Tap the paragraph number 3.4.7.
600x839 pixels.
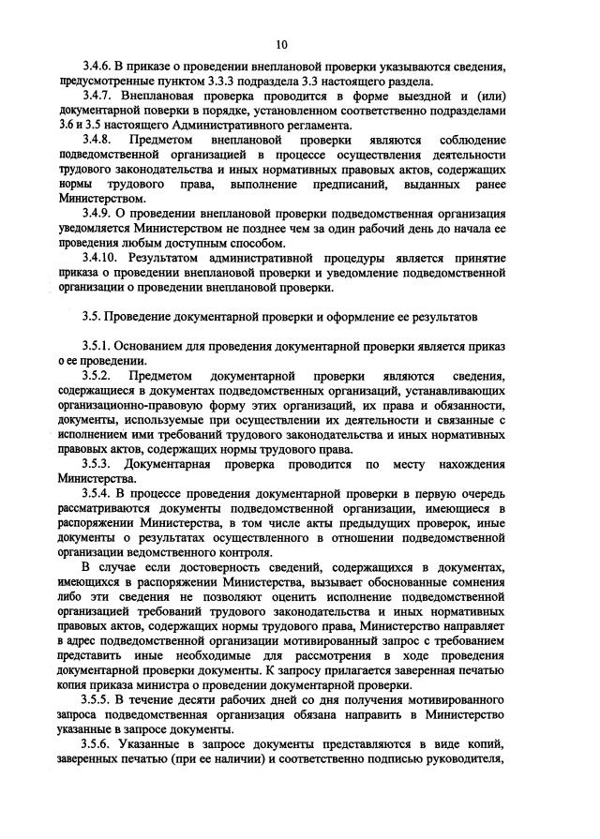97,97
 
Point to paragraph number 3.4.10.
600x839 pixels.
100,255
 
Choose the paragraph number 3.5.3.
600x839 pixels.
97,463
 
